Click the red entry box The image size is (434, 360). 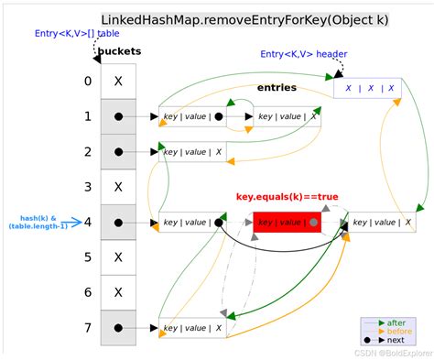[x=287, y=222]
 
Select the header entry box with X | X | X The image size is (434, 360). [x=366, y=89]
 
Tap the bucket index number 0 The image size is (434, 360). [x=87, y=81]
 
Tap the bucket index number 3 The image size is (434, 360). [x=87, y=187]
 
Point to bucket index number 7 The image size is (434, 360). [x=87, y=327]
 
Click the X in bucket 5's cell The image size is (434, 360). [x=119, y=257]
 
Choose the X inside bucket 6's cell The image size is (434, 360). [x=119, y=292]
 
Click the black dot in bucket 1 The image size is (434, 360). [x=119, y=116]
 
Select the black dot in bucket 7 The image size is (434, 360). [x=119, y=327]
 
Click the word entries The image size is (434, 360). [x=277, y=87]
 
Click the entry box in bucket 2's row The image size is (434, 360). [x=192, y=152]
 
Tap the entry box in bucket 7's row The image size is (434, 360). [x=192, y=327]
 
